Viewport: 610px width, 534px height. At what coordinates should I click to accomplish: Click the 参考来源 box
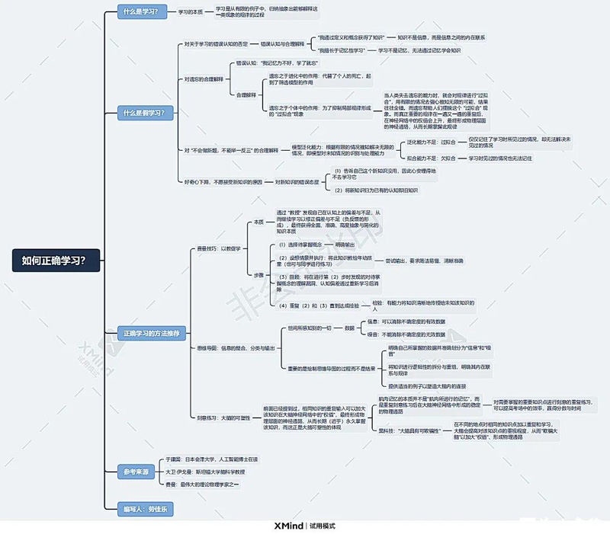point(137,472)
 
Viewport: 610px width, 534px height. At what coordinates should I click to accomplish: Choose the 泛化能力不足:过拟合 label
point(432,142)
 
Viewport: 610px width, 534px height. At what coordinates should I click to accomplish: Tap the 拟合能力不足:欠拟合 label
point(432,158)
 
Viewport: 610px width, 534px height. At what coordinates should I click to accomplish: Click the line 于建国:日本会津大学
point(212,460)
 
